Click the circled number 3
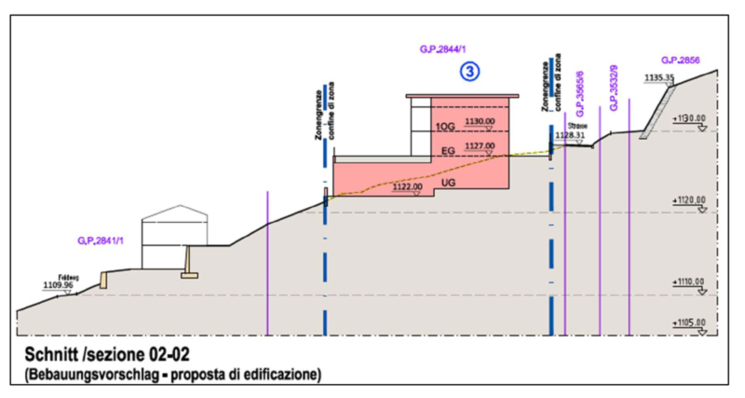point(472,69)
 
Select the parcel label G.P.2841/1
point(103,240)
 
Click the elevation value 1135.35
point(657,77)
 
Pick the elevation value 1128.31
point(570,135)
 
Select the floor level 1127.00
point(480,146)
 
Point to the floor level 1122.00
point(408,186)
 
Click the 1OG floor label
point(445,126)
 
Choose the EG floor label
point(447,150)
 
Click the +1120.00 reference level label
point(688,199)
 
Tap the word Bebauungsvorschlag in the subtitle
point(90,376)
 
